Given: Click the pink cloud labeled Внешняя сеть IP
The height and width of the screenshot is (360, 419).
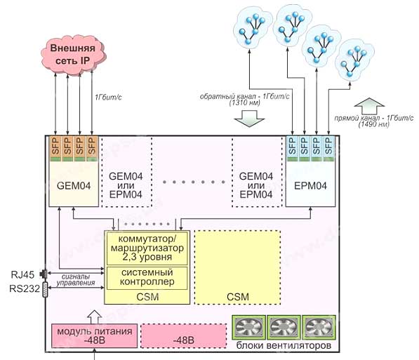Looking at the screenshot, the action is [x=72, y=55].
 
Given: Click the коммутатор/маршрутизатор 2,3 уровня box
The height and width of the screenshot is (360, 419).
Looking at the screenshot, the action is [x=147, y=248].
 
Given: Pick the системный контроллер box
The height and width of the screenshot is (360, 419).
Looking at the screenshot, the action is [x=147, y=278].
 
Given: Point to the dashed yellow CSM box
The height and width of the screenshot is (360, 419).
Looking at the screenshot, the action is [x=237, y=267].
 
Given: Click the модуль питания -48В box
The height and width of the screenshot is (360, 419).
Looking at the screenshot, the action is [x=94, y=335].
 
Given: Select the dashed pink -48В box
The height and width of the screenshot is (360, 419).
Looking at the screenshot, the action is [x=184, y=336].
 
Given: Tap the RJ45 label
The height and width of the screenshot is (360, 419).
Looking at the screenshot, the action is [x=22, y=275].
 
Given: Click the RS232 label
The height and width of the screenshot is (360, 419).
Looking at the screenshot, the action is [x=25, y=288].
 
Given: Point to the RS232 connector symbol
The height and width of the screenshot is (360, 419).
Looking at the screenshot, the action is [x=45, y=289].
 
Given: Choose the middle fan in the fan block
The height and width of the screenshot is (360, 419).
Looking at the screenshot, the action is [x=284, y=327].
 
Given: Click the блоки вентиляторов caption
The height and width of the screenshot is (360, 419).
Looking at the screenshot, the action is [x=284, y=345].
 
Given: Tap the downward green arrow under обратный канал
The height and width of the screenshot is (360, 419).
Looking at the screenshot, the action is [x=249, y=119].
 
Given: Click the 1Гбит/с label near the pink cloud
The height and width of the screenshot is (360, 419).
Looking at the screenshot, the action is [x=108, y=97].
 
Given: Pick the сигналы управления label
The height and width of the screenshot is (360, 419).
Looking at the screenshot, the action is [x=76, y=280].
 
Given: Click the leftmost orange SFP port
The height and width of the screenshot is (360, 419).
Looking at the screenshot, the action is [x=56, y=149].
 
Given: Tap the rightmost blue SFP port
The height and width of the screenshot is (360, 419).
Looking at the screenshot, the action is [x=328, y=149].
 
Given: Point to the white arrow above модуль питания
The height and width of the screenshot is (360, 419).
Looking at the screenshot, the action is [x=95, y=317].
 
